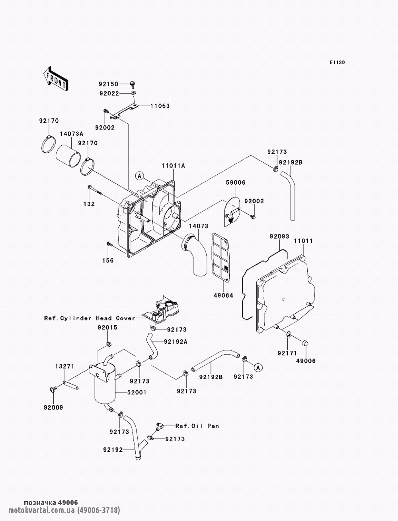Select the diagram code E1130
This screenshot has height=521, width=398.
coord(337,62)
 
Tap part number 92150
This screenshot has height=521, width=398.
coord(109,84)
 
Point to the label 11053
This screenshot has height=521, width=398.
coord(160,106)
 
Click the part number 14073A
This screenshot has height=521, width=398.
coord(71,134)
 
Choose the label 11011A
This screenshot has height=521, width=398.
coord(173,166)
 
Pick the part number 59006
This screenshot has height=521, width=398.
coord(236,183)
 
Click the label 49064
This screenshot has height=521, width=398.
coord(223,295)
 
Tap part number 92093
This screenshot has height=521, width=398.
coord(279,236)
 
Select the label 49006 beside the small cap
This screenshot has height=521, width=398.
coord(306,361)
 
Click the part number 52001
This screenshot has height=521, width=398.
coord(137,392)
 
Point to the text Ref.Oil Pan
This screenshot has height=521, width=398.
coord(197,426)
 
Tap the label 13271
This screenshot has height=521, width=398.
coord(65,366)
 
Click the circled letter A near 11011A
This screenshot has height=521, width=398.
coord(140,176)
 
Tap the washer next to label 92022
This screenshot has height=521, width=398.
coord(134,93)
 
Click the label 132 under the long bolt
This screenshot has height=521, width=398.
coord(89,204)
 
